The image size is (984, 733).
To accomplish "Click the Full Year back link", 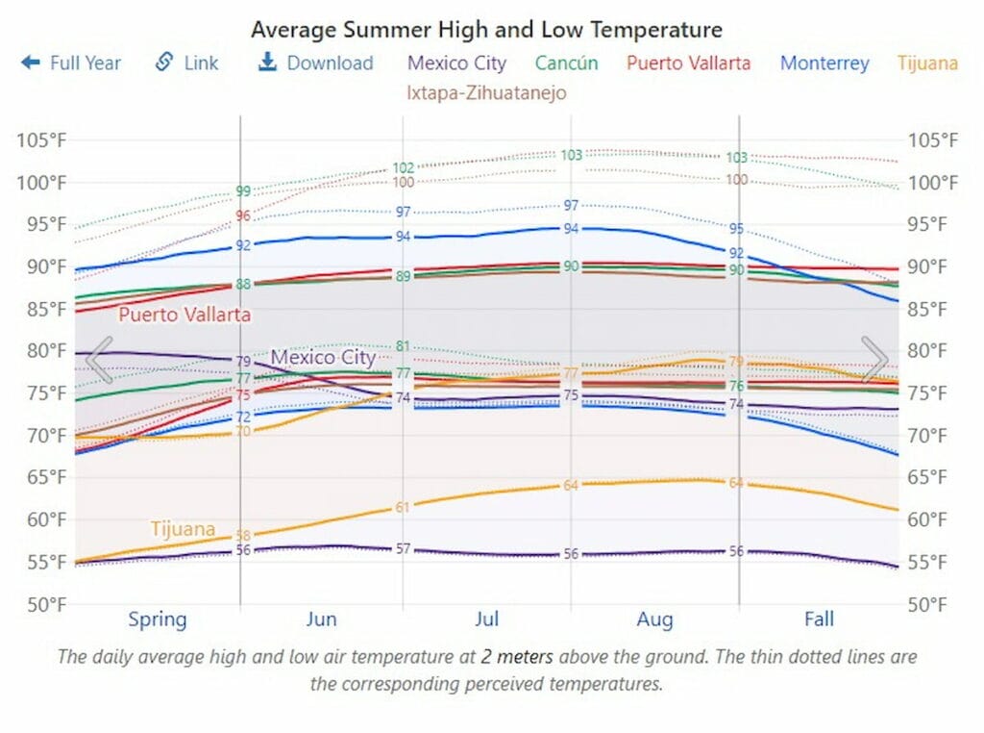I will (72, 63).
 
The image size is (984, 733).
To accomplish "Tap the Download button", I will (316, 63).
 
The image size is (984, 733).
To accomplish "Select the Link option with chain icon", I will (187, 63).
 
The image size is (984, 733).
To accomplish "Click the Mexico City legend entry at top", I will (456, 63).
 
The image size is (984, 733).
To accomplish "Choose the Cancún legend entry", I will (566, 63).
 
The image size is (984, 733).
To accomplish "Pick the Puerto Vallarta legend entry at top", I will (688, 63).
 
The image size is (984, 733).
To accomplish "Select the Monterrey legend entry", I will (824, 63).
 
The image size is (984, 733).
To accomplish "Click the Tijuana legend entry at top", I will (927, 63).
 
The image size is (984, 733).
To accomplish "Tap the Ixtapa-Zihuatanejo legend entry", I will (486, 93).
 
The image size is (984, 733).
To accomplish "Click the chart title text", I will (486, 30).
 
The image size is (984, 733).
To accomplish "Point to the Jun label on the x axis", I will (321, 619).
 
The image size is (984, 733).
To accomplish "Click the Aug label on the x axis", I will (654, 619).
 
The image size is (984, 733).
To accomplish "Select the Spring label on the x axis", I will (158, 619).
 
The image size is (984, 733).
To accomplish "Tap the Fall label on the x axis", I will (819, 619).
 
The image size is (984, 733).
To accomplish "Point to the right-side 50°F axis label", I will (932, 604).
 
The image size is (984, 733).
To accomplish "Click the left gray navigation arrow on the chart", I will (99, 359).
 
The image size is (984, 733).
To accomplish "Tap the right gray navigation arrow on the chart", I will (874, 359).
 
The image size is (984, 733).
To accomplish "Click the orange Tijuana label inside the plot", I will (182, 528).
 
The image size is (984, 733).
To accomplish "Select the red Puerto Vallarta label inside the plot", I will (184, 315).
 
